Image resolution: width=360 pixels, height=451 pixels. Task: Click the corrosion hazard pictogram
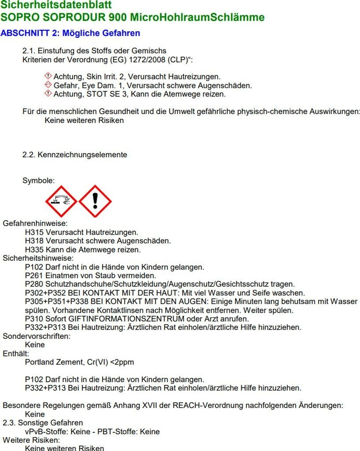pos(61,201)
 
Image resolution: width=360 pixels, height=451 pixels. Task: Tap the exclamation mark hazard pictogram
pos(95,201)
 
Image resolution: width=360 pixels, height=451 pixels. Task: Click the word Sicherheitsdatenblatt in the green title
pos(56,5)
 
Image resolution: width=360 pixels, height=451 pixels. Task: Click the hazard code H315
pos(34,232)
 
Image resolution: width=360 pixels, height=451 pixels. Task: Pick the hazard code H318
pos(34,241)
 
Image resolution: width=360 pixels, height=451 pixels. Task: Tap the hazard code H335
pos(34,250)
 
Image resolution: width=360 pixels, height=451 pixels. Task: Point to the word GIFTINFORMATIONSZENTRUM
pos(110,319)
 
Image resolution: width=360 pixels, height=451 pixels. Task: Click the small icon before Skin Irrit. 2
pos(48,77)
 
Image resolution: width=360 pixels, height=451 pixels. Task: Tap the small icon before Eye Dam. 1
pos(48,85)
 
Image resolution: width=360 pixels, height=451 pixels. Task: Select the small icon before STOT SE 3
pos(48,94)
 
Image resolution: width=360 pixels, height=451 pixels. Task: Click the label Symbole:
pos(39,181)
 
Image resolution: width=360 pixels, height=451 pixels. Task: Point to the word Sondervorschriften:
pos(37,336)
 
